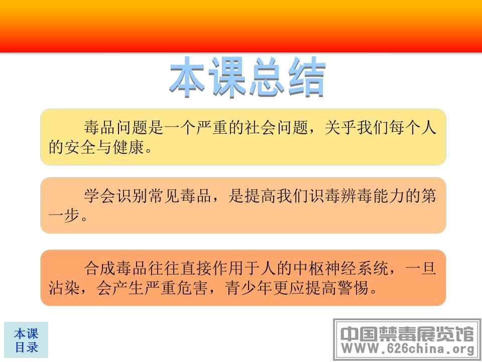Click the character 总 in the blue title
point(267,76)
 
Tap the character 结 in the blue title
point(307,76)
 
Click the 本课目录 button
point(26,340)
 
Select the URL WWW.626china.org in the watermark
point(408,348)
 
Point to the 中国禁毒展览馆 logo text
point(408,333)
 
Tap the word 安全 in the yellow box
point(80,147)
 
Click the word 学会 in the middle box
point(100,196)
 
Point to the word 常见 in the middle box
point(164,196)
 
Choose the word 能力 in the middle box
point(389,196)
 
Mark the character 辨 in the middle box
point(348,196)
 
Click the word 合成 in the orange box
point(100,268)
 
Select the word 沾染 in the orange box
point(65,288)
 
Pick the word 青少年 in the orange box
point(249,288)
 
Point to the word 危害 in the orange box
point(192,288)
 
